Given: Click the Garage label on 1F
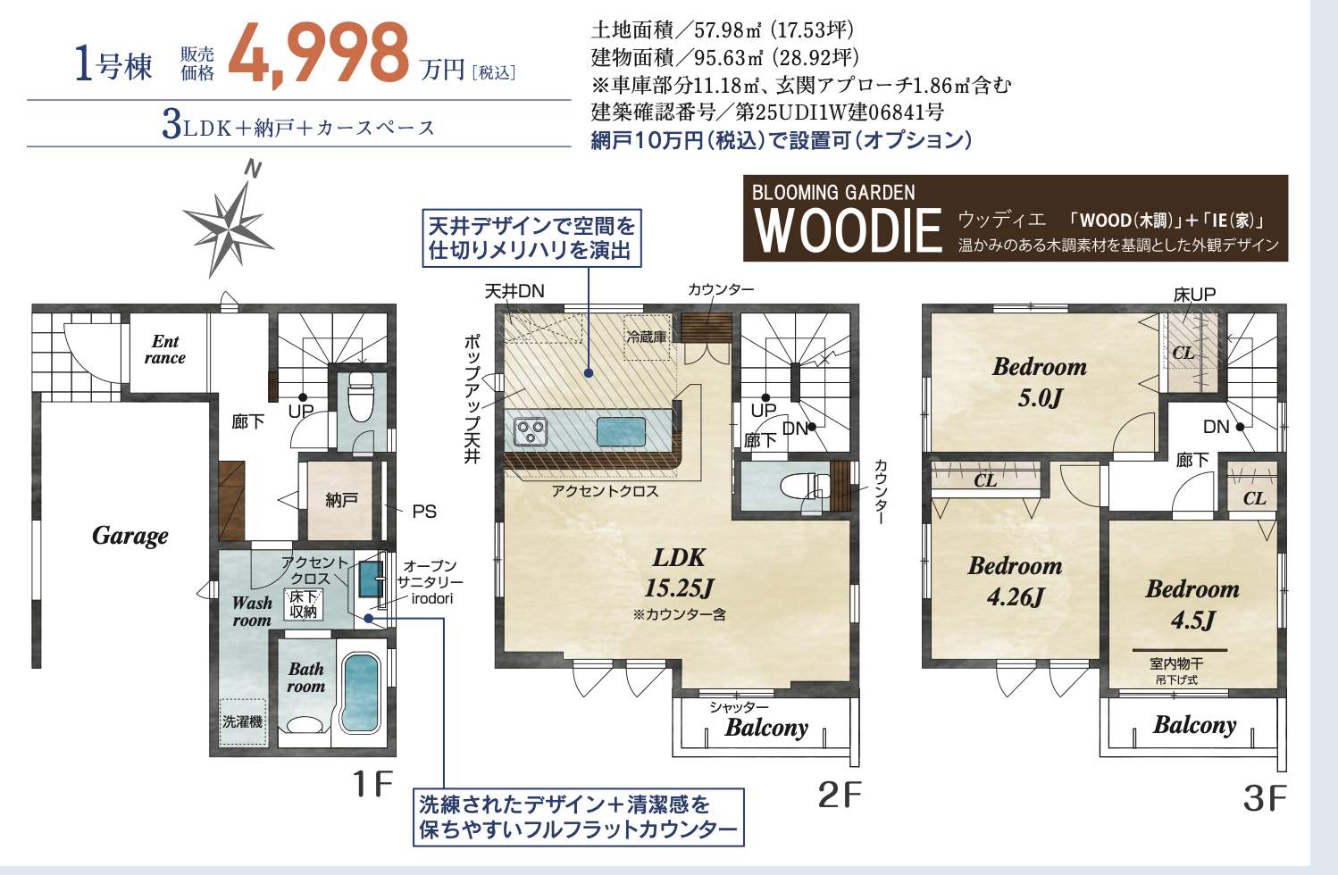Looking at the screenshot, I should pyautogui.click(x=130, y=536).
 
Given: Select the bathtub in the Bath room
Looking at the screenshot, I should pyautogui.click(x=361, y=694).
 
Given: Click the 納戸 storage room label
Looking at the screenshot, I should pyautogui.click(x=340, y=500).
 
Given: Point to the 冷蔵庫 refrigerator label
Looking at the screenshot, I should pyautogui.click(x=646, y=337).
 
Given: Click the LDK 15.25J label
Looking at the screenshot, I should pyautogui.click(x=679, y=572).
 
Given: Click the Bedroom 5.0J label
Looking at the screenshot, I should pyautogui.click(x=1039, y=381).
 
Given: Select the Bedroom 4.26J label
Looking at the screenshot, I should pyautogui.click(x=1015, y=580).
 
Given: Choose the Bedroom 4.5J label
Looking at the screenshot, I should pyautogui.click(x=1192, y=604).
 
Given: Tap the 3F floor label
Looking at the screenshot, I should pyautogui.click(x=1264, y=797).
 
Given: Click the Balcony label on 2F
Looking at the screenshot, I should pyautogui.click(x=766, y=728).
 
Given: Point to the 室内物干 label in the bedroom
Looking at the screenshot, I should pyautogui.click(x=1176, y=664).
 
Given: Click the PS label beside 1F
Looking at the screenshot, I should pyautogui.click(x=423, y=512).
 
